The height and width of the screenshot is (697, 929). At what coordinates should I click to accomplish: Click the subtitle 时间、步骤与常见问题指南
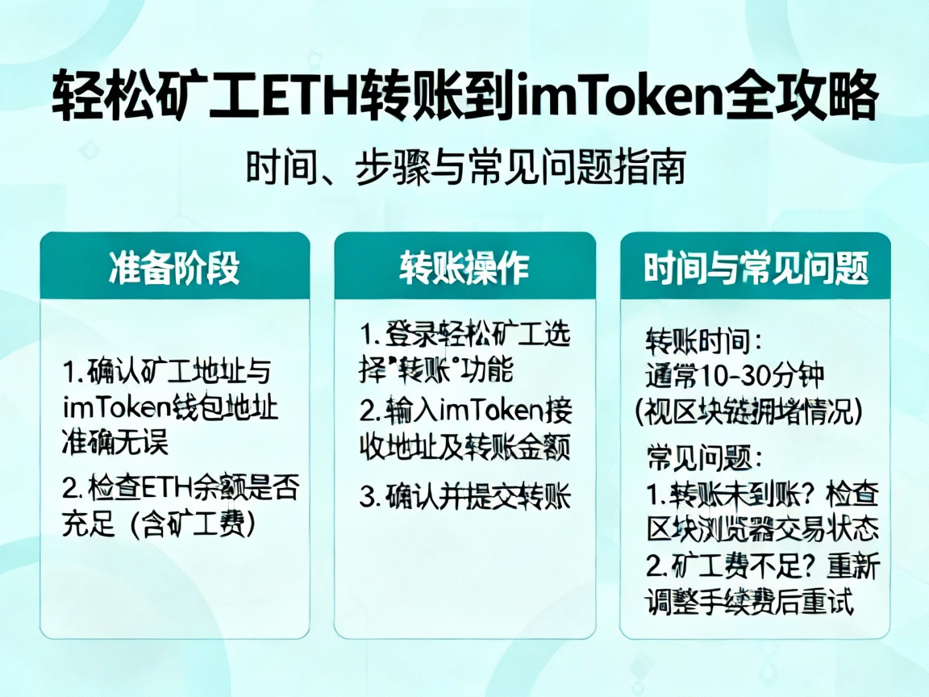point(465,169)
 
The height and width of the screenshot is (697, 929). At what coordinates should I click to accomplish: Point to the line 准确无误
point(115,442)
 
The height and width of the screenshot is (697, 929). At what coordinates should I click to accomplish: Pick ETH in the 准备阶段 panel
point(166,489)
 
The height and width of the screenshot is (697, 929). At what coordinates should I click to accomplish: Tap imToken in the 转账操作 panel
point(482,411)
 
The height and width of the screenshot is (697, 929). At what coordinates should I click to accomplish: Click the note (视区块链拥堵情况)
point(749,411)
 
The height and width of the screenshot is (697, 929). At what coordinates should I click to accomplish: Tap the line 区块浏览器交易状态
point(762,529)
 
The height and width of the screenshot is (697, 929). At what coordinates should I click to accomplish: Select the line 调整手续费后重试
point(750,602)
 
